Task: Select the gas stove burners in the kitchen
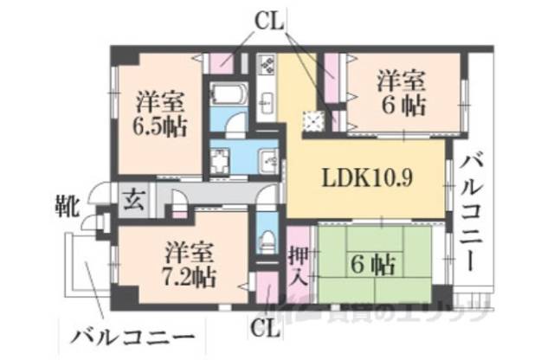(x=266, y=64)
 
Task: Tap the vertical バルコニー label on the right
(x=475, y=212)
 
